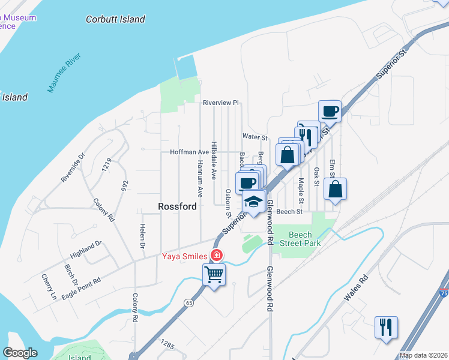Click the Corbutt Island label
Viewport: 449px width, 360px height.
tap(115, 19)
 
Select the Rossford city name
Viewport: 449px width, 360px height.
tap(177, 206)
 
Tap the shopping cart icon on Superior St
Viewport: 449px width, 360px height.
tap(214, 275)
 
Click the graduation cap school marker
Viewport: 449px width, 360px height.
tap(254, 202)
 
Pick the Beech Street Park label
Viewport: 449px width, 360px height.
tap(304, 239)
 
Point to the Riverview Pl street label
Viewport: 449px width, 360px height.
tap(220, 103)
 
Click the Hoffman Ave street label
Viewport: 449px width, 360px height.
tap(189, 152)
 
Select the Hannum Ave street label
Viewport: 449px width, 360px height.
tap(200, 180)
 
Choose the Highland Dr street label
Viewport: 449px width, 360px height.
tap(83, 248)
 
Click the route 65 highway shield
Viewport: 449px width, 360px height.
tap(189, 302)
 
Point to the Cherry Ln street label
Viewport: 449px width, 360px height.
tap(49, 287)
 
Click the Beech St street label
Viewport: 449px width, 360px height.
tap(289, 212)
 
